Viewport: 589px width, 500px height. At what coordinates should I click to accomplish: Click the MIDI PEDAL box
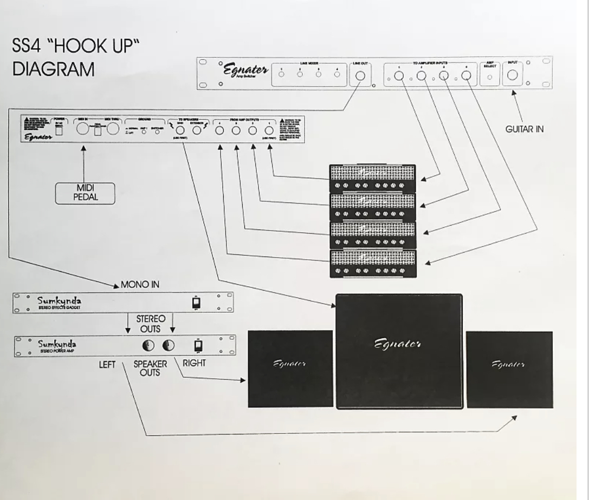(85, 193)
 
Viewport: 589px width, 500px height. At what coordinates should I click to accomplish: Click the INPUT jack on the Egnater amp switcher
(512, 76)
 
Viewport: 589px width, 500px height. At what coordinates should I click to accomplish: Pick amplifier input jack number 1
(399, 77)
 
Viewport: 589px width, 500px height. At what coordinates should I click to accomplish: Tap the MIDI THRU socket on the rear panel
(113, 129)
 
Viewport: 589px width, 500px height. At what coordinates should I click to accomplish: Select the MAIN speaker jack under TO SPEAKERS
(180, 130)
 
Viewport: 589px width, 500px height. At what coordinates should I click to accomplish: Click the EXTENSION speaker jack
(197, 130)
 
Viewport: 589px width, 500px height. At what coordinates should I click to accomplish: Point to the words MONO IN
(139, 285)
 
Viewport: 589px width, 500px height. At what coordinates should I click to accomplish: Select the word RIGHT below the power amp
(194, 363)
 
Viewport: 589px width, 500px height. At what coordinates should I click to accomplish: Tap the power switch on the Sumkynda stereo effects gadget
(196, 304)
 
